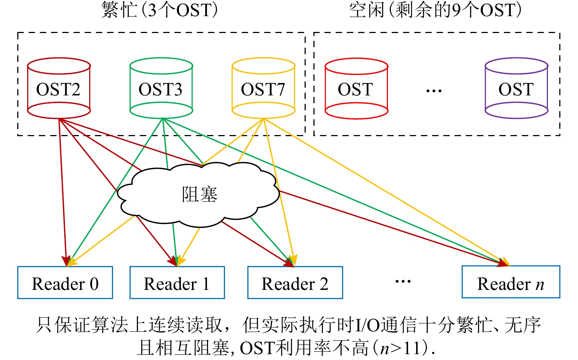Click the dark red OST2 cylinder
pos(59,88)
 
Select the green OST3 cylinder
pos(161,88)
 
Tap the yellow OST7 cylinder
pos(263,88)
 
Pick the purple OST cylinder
pos(516,88)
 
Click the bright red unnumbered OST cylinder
pos(356,88)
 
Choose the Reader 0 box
pos(65,283)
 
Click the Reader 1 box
pos(177,283)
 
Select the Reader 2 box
pos(295,283)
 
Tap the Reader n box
pos(510,282)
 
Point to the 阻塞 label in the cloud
pos(200,194)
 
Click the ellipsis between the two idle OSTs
pos(434,90)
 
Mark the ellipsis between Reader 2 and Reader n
pos(403,281)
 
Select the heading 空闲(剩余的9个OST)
pos(435,10)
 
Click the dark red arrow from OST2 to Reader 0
pos(62,191)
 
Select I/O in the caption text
pos(367,324)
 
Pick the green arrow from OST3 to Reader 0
pos(110,198)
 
